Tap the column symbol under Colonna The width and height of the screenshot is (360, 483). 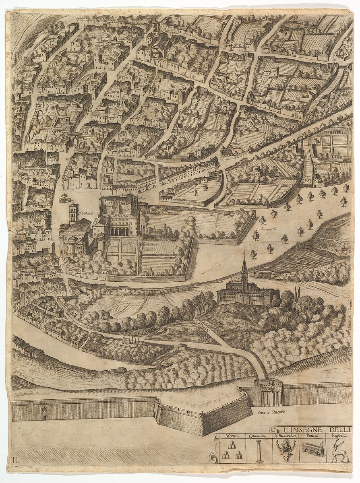pos(259,451)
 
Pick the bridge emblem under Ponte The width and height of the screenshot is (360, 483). pos(313,449)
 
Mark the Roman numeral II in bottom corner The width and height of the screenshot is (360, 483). pos(15,459)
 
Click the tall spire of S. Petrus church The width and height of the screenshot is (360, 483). pos(244,268)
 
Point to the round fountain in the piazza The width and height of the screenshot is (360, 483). pos(64,198)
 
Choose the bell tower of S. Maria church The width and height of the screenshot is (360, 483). pos(73,213)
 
